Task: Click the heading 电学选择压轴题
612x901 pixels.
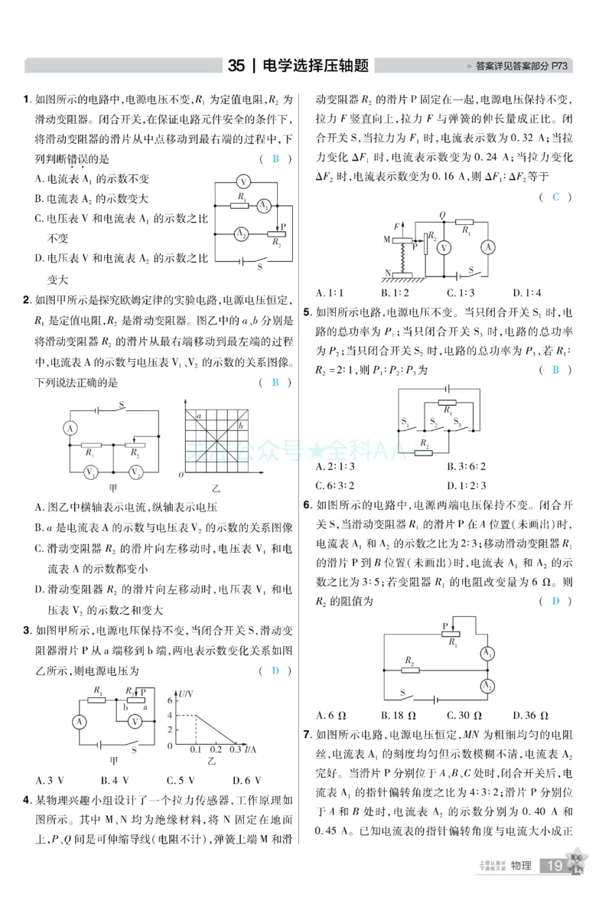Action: pos(314,66)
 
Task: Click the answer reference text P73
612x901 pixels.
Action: pos(562,67)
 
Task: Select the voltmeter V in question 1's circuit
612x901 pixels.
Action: pos(243,182)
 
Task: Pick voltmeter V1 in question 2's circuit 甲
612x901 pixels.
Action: pos(91,472)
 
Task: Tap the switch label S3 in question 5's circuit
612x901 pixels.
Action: pos(457,421)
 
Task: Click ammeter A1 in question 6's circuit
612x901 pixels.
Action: pos(486,652)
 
